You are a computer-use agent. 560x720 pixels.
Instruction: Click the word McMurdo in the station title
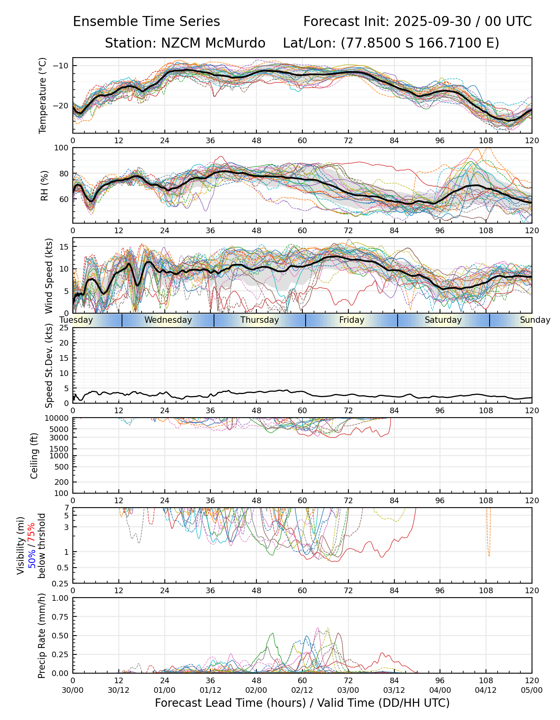coord(238,43)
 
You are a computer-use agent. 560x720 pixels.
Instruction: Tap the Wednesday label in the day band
coord(168,320)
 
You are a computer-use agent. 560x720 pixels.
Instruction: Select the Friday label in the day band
coord(352,320)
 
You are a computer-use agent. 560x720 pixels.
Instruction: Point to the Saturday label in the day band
coord(443,320)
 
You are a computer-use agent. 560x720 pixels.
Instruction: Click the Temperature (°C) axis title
coord(43,95)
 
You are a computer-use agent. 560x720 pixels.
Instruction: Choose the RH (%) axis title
coord(44,186)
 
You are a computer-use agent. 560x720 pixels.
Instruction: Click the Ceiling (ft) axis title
coord(34,456)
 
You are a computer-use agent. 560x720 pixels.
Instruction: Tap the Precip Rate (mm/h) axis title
coord(42,636)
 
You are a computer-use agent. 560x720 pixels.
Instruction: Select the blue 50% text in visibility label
coord(32,557)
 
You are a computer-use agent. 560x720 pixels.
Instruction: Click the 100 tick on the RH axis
coord(62,148)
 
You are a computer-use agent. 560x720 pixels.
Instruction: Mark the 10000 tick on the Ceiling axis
coord(57,418)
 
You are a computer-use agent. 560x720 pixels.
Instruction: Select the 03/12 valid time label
coord(394,690)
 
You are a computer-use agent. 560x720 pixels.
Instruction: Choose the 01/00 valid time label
coord(164,690)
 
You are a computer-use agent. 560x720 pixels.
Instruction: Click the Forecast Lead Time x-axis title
coord(302,703)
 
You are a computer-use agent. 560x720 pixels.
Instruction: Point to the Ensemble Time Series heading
coord(146,22)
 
